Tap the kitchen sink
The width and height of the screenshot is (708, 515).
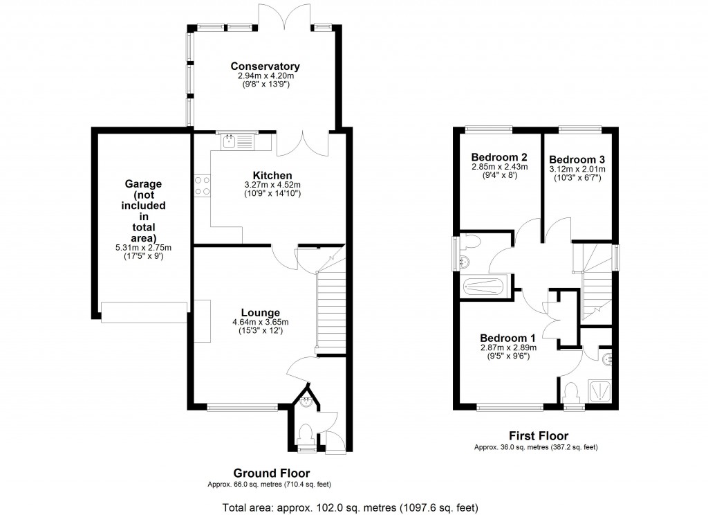[236, 142]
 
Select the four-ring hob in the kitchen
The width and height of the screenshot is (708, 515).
[202, 185]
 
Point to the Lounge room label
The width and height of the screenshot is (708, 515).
[261, 312]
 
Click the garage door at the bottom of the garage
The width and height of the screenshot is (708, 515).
[144, 312]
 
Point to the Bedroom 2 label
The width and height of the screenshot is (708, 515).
[499, 156]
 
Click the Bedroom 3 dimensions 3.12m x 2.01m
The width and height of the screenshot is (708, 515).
[577, 169]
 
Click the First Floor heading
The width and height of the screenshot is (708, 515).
[539, 435]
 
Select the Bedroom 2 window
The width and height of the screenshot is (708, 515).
[489, 128]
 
